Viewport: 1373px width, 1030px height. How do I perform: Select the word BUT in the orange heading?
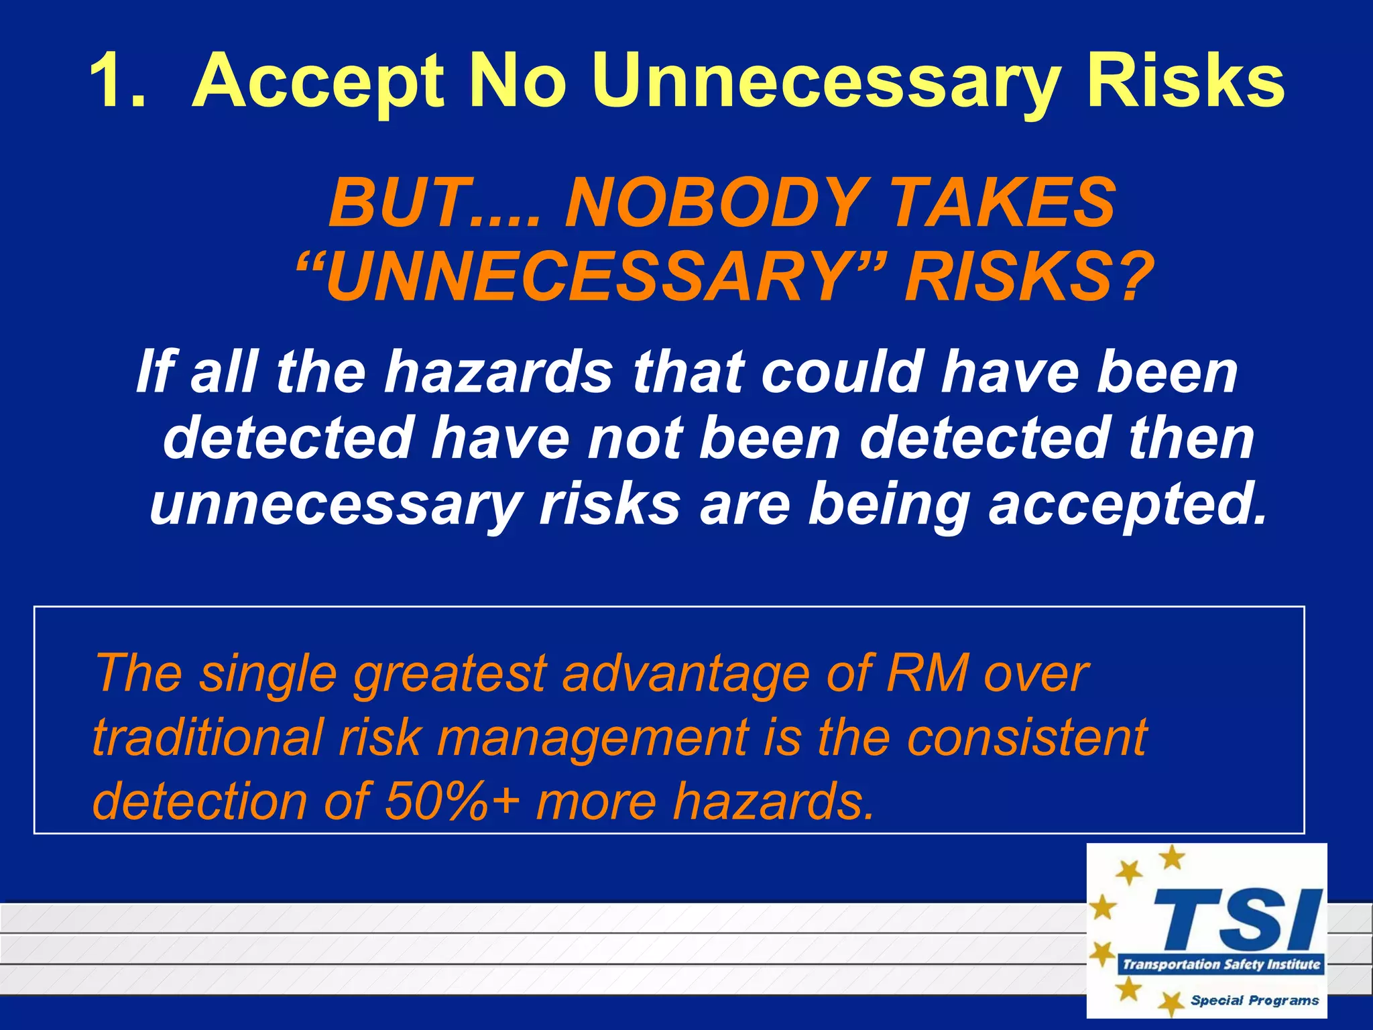coord(396,203)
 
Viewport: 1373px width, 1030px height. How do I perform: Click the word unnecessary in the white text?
coord(335,504)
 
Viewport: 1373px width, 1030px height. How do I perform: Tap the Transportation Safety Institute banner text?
coord(1221,964)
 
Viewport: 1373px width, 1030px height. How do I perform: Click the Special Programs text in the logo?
coord(1254,1000)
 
